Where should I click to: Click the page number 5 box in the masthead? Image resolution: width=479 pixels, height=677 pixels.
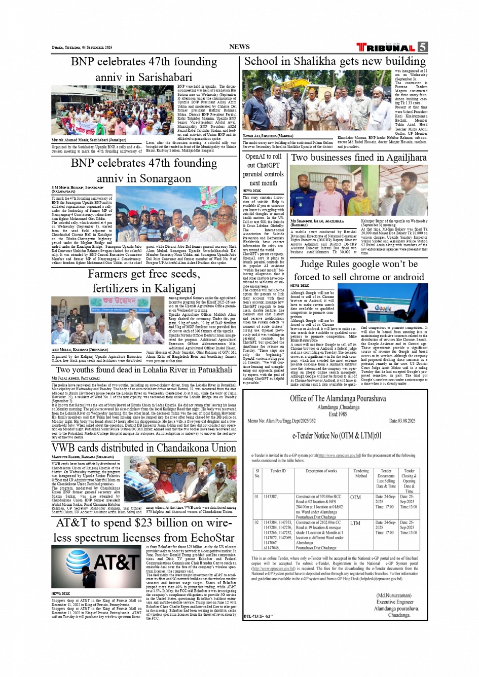pos(422,47)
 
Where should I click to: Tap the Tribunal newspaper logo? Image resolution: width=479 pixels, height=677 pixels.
pos(386,48)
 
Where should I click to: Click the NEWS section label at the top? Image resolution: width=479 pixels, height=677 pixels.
pos(239,47)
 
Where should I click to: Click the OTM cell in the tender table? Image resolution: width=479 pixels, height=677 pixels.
pos(355,498)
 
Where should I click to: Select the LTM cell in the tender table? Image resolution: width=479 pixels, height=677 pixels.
pos(355,523)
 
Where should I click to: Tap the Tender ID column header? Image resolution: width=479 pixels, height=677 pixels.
pos(278,471)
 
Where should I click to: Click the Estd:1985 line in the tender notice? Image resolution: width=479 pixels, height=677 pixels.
pos(338,414)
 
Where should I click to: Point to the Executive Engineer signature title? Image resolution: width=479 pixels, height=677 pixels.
pos(395,602)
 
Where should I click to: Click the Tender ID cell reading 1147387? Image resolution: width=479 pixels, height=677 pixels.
pos(270,497)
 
